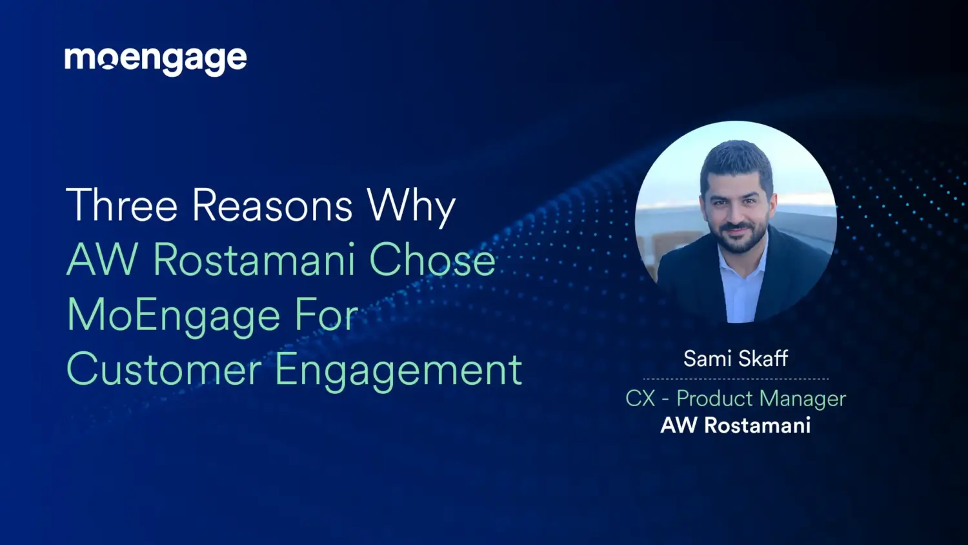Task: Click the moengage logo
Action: pyautogui.click(x=156, y=60)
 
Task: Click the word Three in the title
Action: pyautogui.click(x=121, y=206)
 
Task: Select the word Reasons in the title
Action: pyautogui.click(x=272, y=206)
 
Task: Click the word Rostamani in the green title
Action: pyautogui.click(x=254, y=261)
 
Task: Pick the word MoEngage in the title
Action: pyautogui.click(x=174, y=316)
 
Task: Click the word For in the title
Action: pyautogui.click(x=326, y=316)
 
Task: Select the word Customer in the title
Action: pyautogui.click(x=164, y=370)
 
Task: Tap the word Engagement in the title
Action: pyautogui.click(x=398, y=371)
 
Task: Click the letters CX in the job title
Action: pyautogui.click(x=640, y=398)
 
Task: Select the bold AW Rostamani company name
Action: pyautogui.click(x=736, y=426)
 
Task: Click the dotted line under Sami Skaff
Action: pyautogui.click(x=736, y=379)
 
